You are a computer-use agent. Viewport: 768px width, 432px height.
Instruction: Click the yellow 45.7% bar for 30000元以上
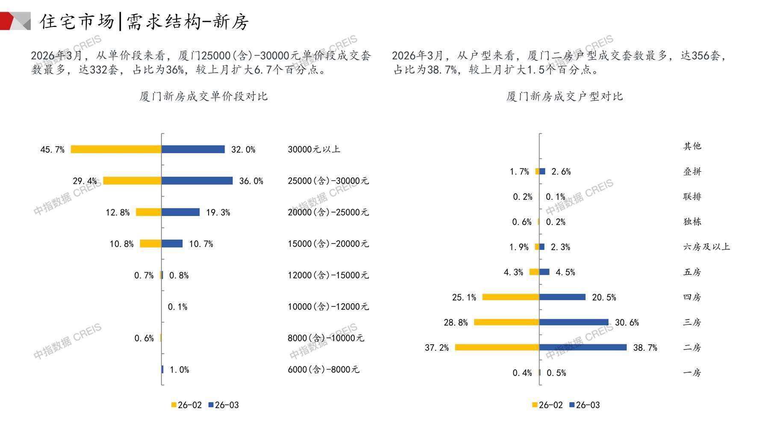click(x=116, y=149)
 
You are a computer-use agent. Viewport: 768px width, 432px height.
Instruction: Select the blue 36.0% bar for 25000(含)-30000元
click(x=197, y=181)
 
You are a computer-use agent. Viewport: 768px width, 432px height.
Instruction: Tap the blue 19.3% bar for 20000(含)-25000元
click(x=180, y=212)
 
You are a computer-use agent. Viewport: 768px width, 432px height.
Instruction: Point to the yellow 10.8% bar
click(x=150, y=244)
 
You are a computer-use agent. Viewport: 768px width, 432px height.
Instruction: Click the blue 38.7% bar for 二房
click(x=583, y=347)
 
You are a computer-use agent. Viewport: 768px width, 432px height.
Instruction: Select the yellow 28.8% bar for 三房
click(x=506, y=322)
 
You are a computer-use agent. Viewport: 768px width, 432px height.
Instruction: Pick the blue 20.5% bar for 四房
click(x=562, y=297)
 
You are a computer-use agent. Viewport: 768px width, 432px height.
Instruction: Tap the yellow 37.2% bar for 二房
click(x=497, y=347)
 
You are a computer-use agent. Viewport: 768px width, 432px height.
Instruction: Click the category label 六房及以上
click(x=706, y=247)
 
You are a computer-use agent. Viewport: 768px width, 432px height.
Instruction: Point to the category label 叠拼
click(x=692, y=172)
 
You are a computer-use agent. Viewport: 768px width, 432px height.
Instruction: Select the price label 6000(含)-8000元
click(x=324, y=370)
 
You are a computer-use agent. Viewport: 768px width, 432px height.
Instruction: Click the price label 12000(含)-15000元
click(x=328, y=275)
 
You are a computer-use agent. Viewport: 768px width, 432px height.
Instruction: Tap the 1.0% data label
click(x=179, y=370)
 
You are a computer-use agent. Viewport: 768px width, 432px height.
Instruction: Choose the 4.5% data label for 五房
click(x=565, y=272)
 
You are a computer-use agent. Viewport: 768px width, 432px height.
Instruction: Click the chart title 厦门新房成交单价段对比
click(x=203, y=96)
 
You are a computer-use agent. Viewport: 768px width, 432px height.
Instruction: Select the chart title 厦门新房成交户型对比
click(x=565, y=96)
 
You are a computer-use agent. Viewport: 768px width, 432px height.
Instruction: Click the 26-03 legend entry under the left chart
click(x=224, y=405)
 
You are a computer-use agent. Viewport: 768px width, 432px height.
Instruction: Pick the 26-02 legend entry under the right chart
click(x=547, y=405)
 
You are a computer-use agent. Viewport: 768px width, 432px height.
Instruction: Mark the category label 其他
click(x=692, y=146)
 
